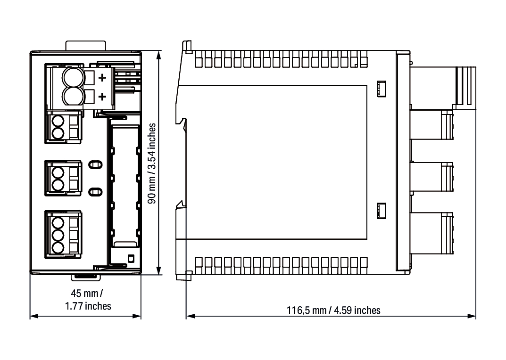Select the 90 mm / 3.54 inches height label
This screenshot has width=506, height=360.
(152, 163)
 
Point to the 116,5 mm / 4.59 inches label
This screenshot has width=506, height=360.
(333, 311)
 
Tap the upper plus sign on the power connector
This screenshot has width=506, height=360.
(102, 77)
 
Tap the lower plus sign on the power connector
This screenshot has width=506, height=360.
(102, 97)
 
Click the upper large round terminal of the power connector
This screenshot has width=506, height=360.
(73, 77)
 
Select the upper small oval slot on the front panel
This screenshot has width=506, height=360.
(96, 165)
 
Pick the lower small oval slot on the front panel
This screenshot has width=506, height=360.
(96, 192)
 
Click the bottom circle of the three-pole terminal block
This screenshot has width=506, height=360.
(58, 248)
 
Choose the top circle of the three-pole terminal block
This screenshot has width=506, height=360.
(58, 223)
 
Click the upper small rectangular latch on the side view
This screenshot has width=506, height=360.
(381, 89)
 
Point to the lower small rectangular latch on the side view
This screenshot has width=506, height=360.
(381, 211)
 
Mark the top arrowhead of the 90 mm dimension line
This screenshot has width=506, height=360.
(158, 55)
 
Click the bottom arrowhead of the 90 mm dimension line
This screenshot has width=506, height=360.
(158, 270)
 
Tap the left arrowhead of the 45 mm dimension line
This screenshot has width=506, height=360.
(34, 316)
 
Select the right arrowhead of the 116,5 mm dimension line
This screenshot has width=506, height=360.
(472, 316)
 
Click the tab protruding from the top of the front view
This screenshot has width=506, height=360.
(85, 46)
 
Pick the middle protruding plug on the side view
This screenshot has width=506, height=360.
(432, 177)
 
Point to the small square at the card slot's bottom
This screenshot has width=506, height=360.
(131, 258)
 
